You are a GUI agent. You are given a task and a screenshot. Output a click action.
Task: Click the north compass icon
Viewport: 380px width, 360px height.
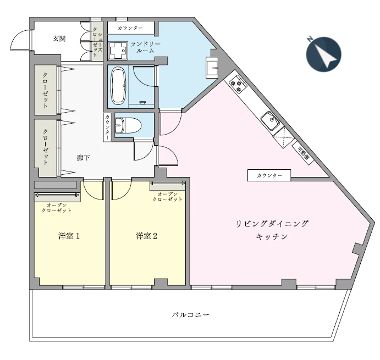pos(323,54)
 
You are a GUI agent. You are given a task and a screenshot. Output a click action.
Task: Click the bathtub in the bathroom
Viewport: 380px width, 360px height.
pos(118,85)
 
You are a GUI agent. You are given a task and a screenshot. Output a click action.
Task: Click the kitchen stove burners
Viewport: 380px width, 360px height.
pos(238,84)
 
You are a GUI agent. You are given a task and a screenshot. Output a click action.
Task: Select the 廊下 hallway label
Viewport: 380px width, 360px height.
pos(83,158)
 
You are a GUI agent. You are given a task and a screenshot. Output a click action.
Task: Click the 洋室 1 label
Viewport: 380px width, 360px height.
pos(70,236)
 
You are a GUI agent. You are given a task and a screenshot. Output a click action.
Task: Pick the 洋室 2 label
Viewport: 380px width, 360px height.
pos(147,236)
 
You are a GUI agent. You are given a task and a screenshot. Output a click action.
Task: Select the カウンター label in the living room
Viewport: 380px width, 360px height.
pos(269,175)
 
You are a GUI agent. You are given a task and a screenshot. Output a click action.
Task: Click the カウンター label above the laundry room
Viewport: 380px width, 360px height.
pos(130,27)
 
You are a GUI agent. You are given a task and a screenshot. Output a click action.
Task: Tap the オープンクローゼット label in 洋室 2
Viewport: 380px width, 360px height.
pos(167,197)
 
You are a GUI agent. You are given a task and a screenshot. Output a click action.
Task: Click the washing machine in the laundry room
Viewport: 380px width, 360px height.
pos(117,51)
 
